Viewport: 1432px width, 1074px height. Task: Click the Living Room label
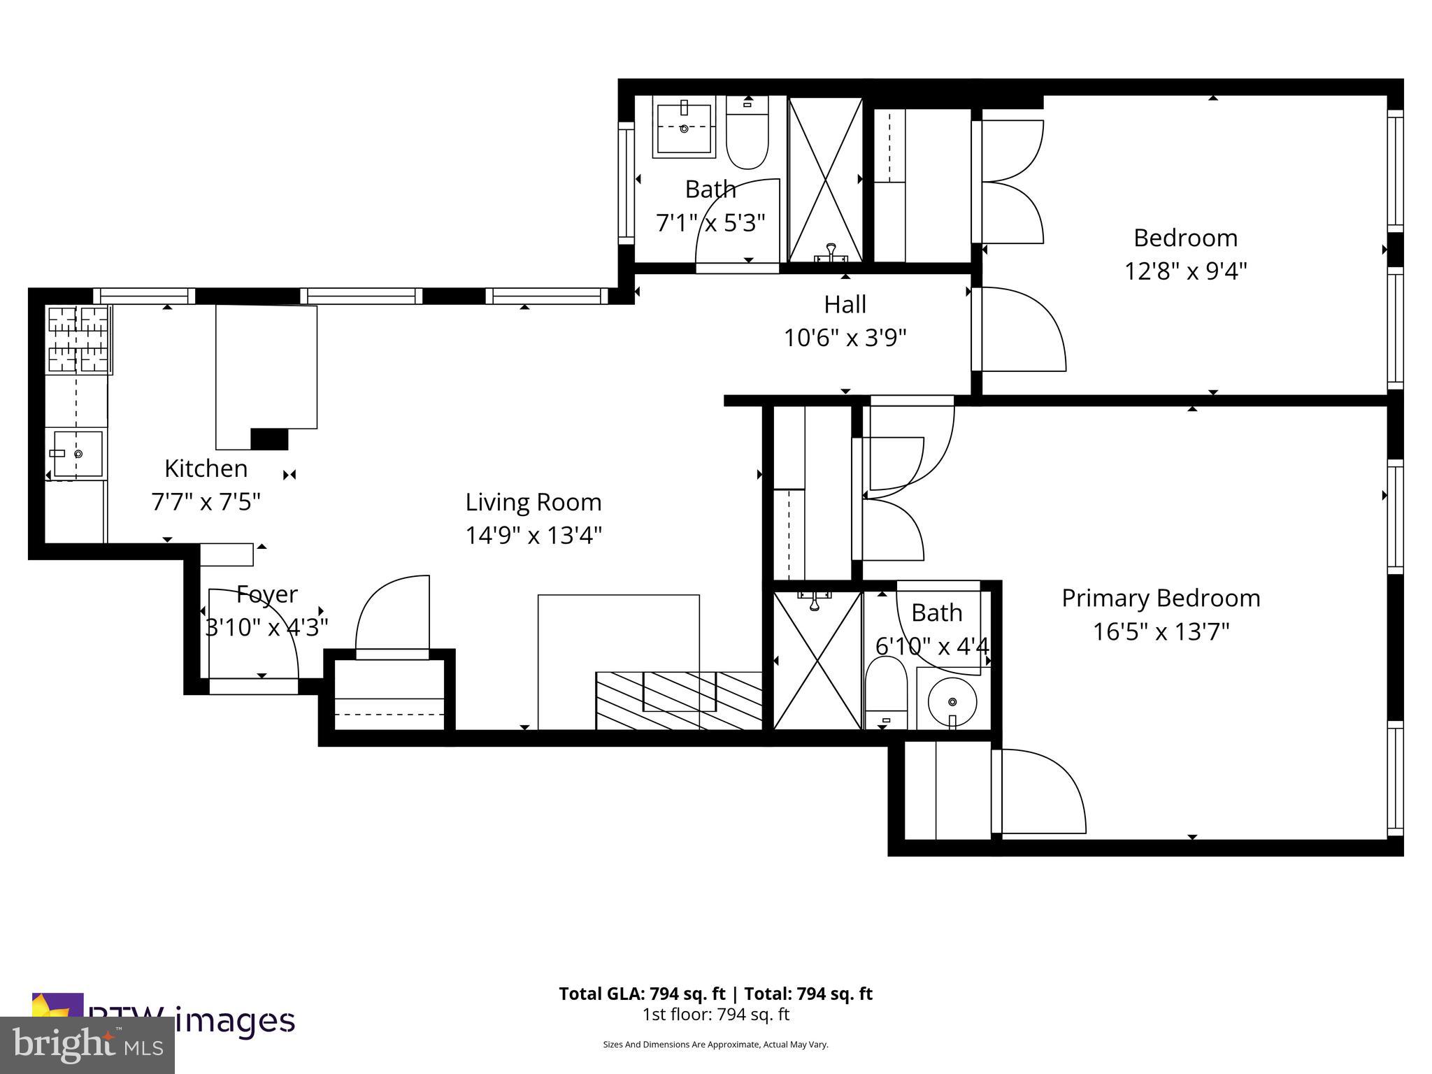[533, 502]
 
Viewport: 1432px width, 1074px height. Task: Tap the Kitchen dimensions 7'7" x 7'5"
[206, 501]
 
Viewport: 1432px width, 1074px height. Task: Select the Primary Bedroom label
[1161, 598]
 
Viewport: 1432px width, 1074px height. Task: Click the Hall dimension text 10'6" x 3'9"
[845, 338]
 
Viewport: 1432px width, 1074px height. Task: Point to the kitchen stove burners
[77, 339]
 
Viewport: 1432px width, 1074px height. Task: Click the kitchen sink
[78, 453]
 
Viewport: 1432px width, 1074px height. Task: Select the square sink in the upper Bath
[685, 128]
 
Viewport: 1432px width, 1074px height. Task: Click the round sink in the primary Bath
[952, 701]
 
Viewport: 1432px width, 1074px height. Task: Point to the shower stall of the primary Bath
[817, 660]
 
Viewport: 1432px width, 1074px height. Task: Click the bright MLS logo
[87, 1045]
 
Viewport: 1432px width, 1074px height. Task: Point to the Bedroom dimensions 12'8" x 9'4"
[1185, 271]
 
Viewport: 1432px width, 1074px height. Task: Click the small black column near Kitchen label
[269, 439]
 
